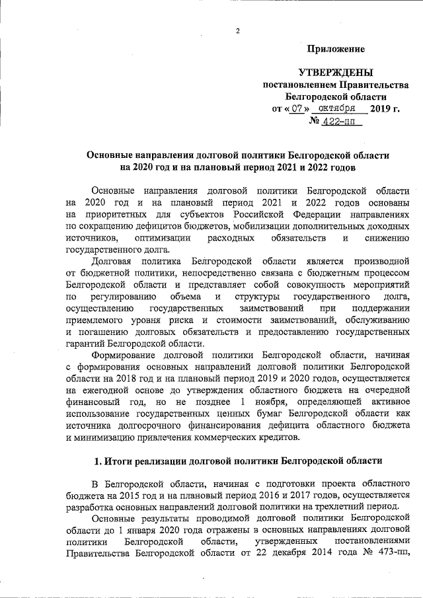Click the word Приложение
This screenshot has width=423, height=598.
click(x=336, y=49)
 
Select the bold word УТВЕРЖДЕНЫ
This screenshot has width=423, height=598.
click(x=336, y=73)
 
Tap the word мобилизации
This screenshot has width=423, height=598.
click(x=267, y=226)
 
